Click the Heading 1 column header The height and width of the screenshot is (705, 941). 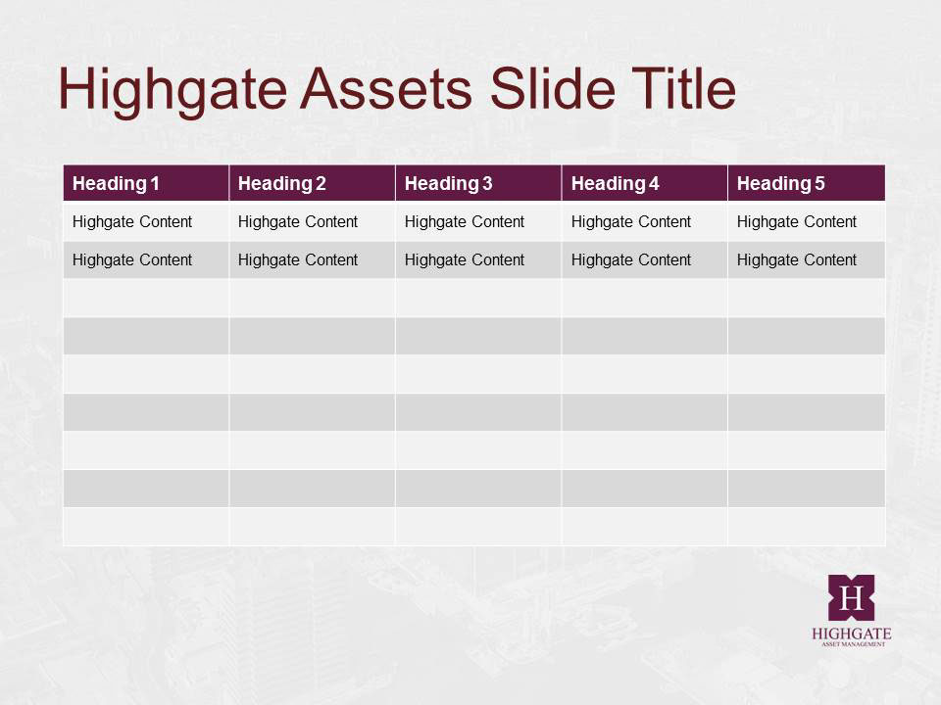(116, 183)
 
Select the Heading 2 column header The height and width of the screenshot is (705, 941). (282, 183)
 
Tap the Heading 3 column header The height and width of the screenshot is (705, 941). (448, 183)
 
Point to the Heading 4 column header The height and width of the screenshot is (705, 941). (616, 183)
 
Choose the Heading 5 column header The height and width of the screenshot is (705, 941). (781, 183)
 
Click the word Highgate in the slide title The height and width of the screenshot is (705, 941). (173, 90)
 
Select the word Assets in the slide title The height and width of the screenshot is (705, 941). (386, 89)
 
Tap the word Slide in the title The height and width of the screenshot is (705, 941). (553, 88)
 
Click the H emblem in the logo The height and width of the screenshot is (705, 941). (851, 597)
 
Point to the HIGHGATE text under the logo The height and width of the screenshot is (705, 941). (852, 634)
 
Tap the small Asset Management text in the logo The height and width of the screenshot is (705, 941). (853, 644)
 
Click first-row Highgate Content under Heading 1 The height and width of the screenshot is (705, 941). (132, 222)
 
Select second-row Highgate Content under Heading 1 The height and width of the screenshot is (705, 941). (132, 260)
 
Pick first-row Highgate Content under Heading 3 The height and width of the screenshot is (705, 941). (465, 222)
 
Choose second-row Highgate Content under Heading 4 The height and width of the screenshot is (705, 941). (631, 260)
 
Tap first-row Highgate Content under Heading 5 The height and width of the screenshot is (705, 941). (797, 222)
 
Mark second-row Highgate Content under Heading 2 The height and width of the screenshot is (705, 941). (298, 260)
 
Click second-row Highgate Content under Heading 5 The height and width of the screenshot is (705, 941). (797, 260)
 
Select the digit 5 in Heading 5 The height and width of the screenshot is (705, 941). (819, 183)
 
